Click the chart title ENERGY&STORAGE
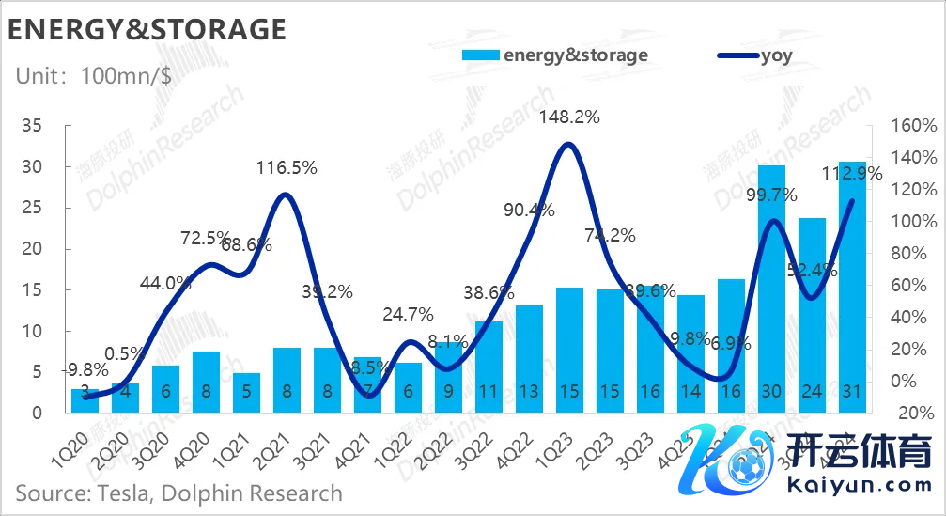pyautogui.click(x=147, y=29)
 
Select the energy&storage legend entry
pyautogui.click(x=554, y=55)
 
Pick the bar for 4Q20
pyautogui.click(x=207, y=383)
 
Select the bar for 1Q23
pyautogui.click(x=569, y=351)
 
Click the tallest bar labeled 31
pyautogui.click(x=852, y=288)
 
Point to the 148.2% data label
pyautogui.click(x=568, y=118)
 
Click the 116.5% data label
pyautogui.click(x=287, y=168)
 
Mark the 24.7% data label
pyautogui.click(x=408, y=314)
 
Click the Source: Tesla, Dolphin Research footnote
pyautogui.click(x=178, y=493)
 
